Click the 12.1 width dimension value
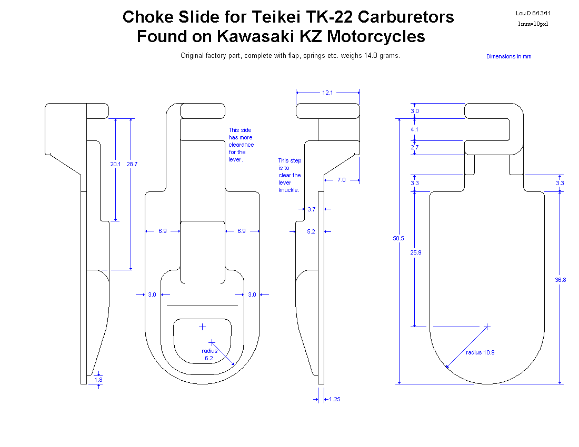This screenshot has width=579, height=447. (x=327, y=93)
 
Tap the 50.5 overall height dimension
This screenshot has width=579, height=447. (x=398, y=238)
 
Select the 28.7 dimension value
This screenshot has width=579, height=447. (x=132, y=164)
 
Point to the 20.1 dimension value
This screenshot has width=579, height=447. (x=116, y=164)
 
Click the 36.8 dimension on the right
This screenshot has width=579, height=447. (x=561, y=280)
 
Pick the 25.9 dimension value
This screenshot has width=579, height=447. (x=416, y=252)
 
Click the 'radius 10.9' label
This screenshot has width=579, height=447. (x=480, y=352)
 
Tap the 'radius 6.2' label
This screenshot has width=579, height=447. (x=209, y=354)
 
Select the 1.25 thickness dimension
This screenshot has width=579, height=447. (x=335, y=399)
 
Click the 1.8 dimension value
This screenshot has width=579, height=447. (x=98, y=380)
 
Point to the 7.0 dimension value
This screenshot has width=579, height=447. (x=342, y=180)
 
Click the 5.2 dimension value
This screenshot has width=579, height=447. (x=311, y=231)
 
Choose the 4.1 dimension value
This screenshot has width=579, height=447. (x=414, y=129)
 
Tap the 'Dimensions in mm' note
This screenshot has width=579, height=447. (x=509, y=56)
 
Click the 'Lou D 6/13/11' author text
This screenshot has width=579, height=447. (x=533, y=13)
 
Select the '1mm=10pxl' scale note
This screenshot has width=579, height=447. (x=533, y=24)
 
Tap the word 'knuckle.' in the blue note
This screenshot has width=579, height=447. (x=289, y=190)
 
